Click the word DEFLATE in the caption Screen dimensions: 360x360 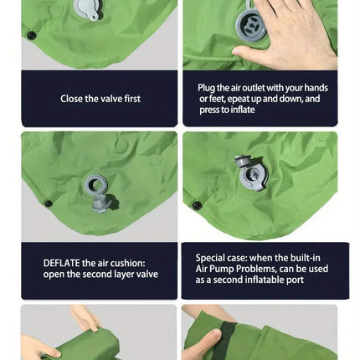pos(62,262)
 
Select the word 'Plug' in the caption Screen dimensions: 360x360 pos(208,88)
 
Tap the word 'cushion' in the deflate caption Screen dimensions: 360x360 pos(128,262)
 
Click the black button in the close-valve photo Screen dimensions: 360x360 pos(32,35)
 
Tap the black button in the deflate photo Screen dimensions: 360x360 pos(48,203)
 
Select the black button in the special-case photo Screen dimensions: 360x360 pos(197,205)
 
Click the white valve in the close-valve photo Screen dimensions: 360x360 pos(86,8)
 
